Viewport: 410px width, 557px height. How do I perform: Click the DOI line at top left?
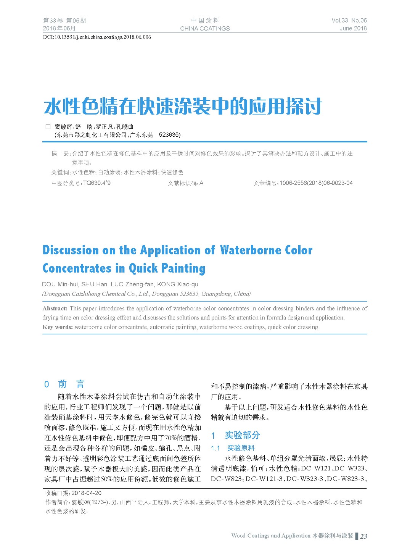pos(97,37)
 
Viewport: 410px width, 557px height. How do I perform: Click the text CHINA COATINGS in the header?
pos(205,29)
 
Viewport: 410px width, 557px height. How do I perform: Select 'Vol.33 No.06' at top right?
pos(349,21)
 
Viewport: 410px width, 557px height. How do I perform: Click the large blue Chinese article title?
pos(183,107)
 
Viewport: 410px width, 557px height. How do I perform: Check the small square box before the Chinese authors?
pos(48,127)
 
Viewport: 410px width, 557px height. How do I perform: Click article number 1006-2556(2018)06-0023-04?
pos(316,183)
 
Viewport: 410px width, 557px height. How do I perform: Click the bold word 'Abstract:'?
pos(55,308)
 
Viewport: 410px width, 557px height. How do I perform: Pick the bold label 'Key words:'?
pos(58,327)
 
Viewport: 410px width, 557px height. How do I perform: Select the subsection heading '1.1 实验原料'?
pos(233,448)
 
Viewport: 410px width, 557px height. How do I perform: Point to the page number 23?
pos(364,536)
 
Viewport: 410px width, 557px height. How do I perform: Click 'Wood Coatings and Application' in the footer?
pos(270,536)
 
